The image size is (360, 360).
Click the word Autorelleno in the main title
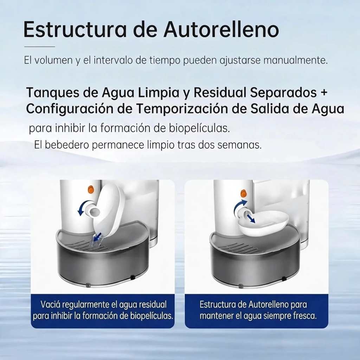point(221,30)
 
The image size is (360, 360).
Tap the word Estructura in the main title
point(75,30)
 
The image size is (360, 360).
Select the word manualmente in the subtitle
point(295,60)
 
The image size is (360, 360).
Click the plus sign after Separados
point(324,92)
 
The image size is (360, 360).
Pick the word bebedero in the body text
point(66,145)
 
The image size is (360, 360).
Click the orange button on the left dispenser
point(91,189)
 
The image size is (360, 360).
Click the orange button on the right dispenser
point(243,193)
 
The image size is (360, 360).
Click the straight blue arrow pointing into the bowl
point(250,218)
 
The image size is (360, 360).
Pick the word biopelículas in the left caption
point(152,316)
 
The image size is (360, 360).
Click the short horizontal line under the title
point(40,47)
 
